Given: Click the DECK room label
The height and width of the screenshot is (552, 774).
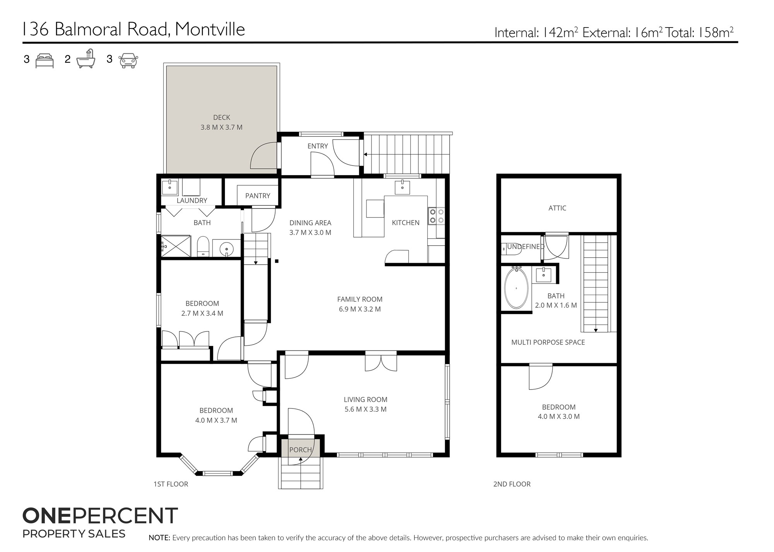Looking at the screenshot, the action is point(222,117).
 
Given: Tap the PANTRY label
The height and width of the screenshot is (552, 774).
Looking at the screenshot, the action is point(258,196).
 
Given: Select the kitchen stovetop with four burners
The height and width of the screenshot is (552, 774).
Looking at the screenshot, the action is point(436,216).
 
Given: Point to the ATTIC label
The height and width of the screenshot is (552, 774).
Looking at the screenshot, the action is point(557,208).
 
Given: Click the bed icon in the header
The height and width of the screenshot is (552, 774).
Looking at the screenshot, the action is point(45,61).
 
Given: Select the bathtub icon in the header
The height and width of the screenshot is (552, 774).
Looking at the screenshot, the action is point(86,59).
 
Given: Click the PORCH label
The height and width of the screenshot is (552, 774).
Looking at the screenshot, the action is point(301,450).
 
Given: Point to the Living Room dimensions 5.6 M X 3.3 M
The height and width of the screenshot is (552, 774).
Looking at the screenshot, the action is point(366,409).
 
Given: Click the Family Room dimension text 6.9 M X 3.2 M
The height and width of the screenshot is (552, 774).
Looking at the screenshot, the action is point(360,309).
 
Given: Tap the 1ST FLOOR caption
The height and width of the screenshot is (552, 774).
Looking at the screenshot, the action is point(171,484).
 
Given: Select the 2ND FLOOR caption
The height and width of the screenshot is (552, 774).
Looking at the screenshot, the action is point(512,484).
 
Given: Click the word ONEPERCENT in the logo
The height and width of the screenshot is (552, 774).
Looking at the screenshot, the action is point(100,516).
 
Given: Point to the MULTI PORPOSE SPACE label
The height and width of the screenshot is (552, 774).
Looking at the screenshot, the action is point(548,342).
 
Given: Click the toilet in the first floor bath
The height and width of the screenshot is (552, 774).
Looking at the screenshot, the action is point(203,246).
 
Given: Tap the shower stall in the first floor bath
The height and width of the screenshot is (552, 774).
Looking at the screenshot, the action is point(176,246).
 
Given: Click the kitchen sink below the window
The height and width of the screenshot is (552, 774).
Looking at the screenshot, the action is point(402,187).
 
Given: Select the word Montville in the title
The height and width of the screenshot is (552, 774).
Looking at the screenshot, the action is point(210,29).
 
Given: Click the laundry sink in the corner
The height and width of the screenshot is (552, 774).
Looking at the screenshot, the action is point(170,187).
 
